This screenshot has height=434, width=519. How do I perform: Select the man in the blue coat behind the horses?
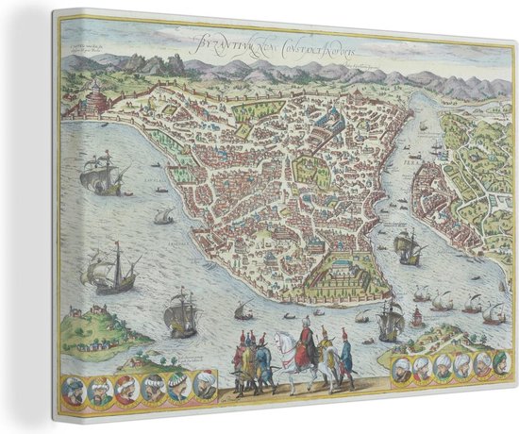tap(345, 353)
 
